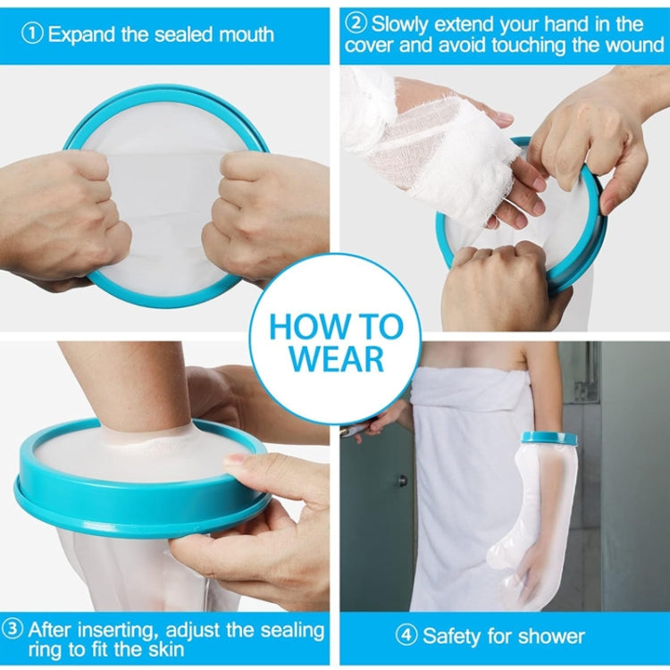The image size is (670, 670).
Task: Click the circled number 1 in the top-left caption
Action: [33, 35]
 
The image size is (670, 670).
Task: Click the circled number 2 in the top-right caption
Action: [356, 24]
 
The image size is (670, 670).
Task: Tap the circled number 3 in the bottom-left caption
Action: [13, 629]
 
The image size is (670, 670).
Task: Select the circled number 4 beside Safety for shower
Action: [406, 636]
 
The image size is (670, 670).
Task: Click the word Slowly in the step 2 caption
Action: [402, 24]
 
